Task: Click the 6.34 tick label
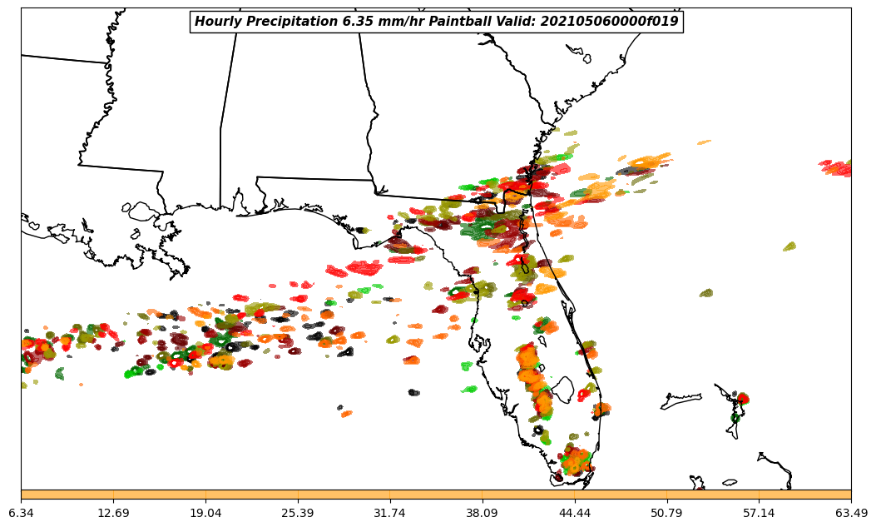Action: pyautogui.click(x=21, y=513)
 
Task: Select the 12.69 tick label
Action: pyautogui.click(x=113, y=513)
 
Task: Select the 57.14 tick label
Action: pyautogui.click(x=760, y=513)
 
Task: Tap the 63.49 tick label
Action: pyautogui.click(x=851, y=513)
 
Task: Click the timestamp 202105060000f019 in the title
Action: pyautogui.click(x=609, y=22)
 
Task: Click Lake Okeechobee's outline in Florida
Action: pyautogui.click(x=563, y=389)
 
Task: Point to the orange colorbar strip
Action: pyautogui.click(x=436, y=495)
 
